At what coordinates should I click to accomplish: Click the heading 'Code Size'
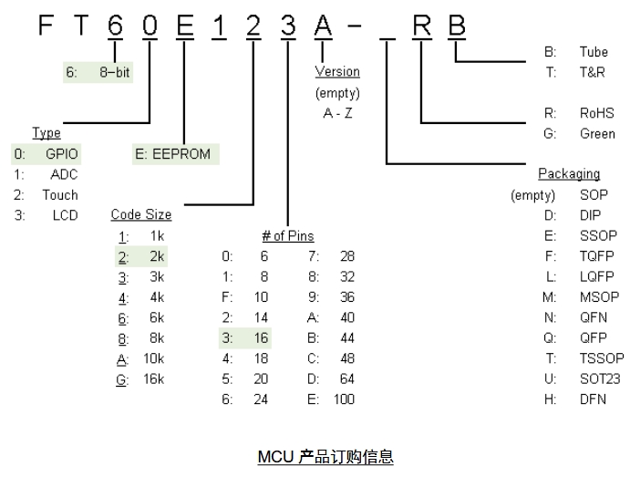tap(141, 215)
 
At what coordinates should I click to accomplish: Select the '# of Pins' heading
tap(289, 236)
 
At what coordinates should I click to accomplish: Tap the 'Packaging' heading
tap(568, 174)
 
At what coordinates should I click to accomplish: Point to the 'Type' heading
tap(46, 133)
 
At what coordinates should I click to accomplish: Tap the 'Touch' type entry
tap(61, 195)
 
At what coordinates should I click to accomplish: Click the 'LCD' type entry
tap(66, 215)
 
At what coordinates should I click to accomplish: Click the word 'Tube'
tap(594, 52)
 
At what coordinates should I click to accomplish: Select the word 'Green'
tap(597, 134)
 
